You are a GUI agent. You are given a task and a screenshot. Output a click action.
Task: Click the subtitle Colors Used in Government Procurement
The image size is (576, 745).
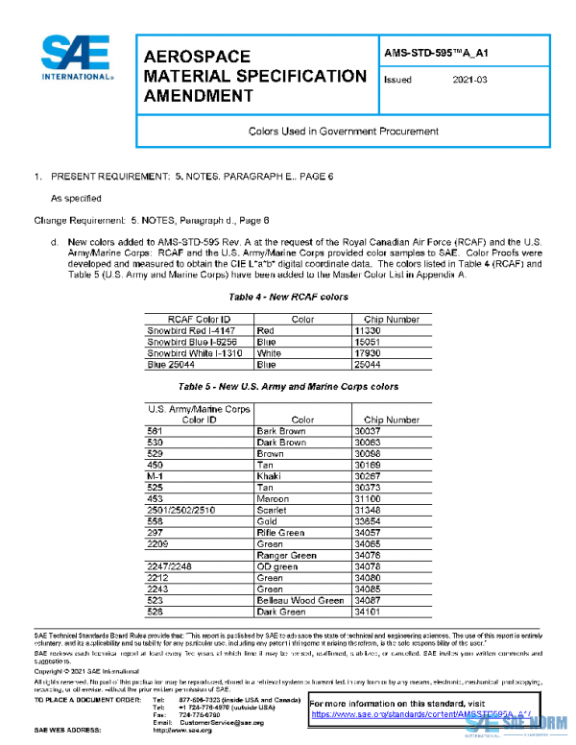[x=343, y=131]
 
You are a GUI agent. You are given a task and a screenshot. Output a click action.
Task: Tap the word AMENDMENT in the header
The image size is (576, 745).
[x=199, y=95]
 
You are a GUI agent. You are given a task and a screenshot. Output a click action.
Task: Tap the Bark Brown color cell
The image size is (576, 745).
[x=281, y=431]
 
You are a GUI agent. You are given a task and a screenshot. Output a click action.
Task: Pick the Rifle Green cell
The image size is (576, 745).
[x=280, y=532]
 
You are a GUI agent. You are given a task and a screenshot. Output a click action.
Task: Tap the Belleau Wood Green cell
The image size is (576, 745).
[x=300, y=600]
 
